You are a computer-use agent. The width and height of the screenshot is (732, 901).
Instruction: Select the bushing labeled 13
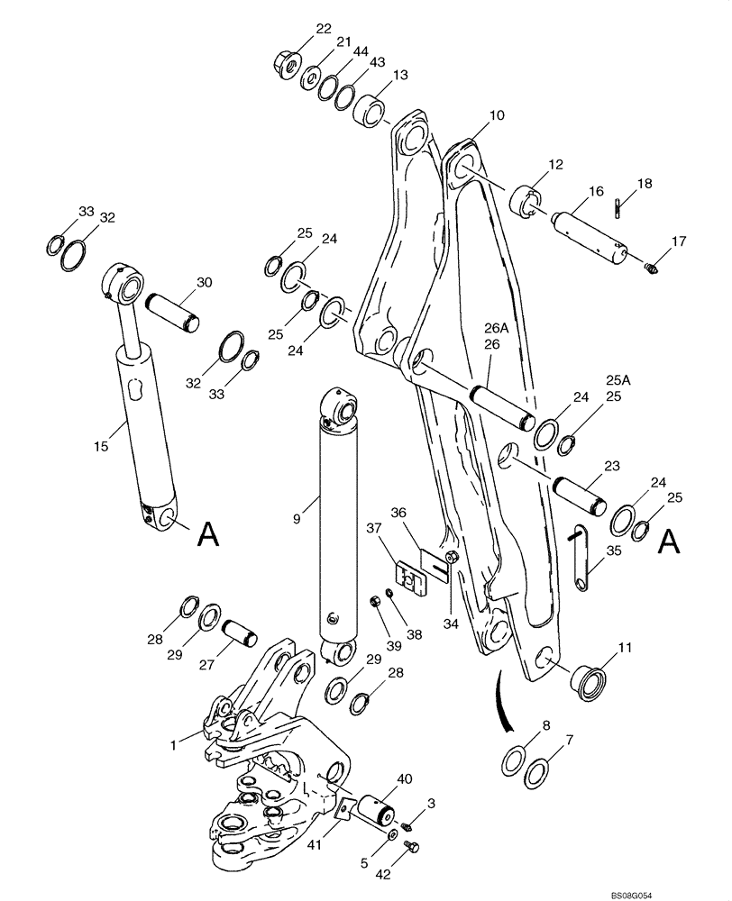tap(370, 114)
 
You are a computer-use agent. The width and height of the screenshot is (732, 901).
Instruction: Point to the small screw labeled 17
tap(655, 266)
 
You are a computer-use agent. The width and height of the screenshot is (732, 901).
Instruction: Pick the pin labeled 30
tap(171, 311)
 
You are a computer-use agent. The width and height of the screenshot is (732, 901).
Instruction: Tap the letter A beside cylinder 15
tap(207, 537)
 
